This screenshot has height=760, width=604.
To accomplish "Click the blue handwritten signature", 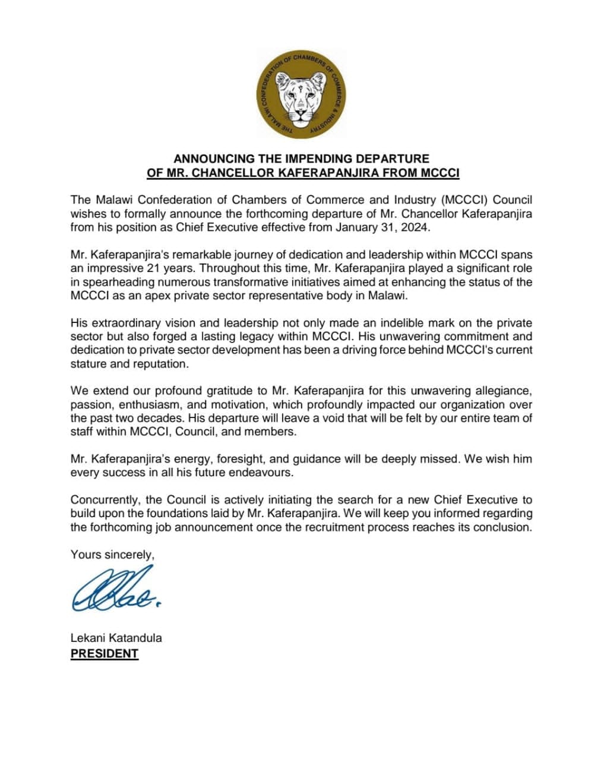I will (116, 589).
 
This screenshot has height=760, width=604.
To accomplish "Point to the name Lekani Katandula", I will (116, 638).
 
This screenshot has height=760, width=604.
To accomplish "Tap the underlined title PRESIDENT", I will (105, 654).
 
